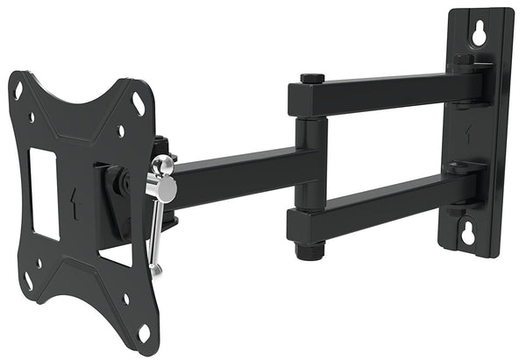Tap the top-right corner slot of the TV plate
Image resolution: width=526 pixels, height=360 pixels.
point(139,103)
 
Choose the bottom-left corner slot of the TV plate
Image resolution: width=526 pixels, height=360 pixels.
point(27,282)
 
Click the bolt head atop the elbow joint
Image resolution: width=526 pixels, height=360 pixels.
point(312,79)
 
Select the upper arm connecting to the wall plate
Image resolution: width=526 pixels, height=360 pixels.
point(386,94)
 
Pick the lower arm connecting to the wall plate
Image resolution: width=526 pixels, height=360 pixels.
point(386,203)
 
